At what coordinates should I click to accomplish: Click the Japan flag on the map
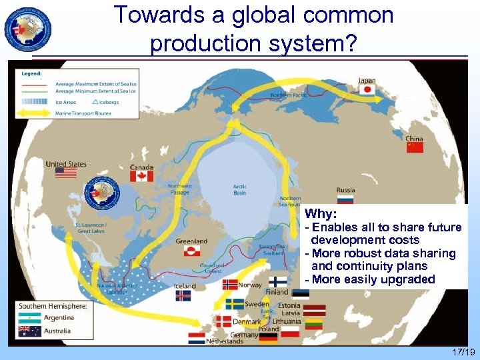(367, 90)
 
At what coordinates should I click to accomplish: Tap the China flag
(415, 147)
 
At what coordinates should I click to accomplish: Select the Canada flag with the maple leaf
(141, 176)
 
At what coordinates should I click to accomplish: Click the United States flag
(66, 172)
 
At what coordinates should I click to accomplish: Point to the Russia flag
(345, 199)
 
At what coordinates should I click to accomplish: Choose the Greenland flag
(192, 251)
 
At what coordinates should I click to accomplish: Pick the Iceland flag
(183, 295)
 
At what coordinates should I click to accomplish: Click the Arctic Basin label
(239, 189)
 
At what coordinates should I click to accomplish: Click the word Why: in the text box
(321, 215)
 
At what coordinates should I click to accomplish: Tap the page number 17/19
(461, 352)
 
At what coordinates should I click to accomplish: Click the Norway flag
(230, 284)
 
